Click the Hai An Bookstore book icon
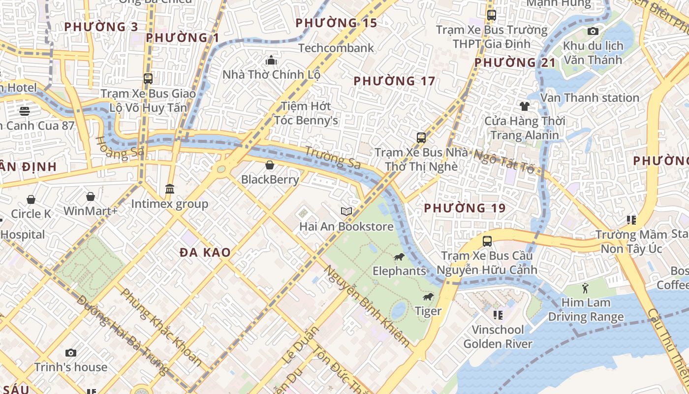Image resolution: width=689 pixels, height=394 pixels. pos(346,211)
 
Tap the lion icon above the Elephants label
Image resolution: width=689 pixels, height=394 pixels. pos(399,257)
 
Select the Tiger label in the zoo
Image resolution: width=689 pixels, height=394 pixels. pos(428,311)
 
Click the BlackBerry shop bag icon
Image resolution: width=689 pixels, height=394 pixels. pos(270,165)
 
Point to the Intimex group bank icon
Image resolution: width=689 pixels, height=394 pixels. pos(170,189)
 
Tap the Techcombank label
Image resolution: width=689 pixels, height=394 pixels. pos(336,48)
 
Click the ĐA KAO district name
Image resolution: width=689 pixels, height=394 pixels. pos(205,253)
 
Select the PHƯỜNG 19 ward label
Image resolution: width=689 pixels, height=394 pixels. pos(465,208)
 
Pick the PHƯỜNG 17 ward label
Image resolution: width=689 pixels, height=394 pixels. pos(394,81)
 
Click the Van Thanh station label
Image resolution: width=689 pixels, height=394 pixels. pos(590,98)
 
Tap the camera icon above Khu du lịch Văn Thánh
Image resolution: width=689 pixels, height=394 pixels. pos(593,32)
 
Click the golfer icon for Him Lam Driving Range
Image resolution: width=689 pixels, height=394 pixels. pos(585,288)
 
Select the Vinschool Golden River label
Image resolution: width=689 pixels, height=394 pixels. pos(498,336)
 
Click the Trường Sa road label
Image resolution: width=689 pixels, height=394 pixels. pos(332,158)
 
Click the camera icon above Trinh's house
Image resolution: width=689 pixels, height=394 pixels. pos(71,353)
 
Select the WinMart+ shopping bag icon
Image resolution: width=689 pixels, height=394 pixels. pos(91,197)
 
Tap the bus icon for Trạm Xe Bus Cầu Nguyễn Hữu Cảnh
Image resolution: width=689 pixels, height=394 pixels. pos(487,241)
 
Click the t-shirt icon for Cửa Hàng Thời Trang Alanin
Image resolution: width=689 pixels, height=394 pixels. pos(524,106)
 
